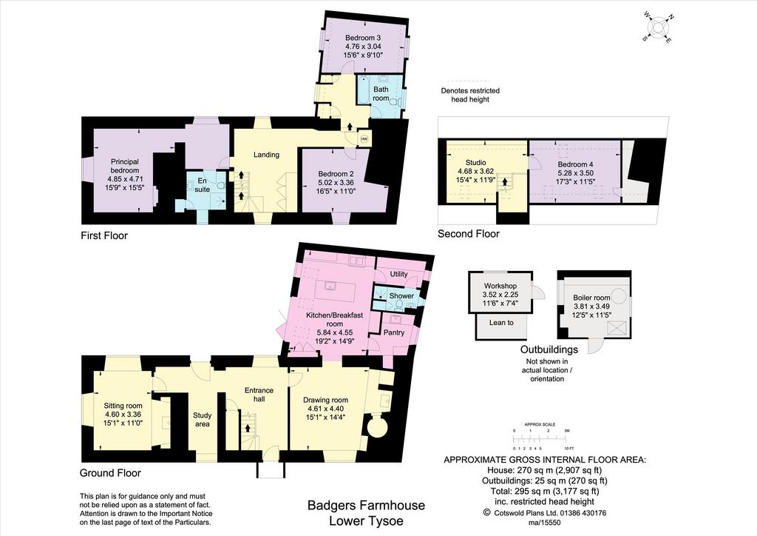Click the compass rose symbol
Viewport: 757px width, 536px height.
point(658,27)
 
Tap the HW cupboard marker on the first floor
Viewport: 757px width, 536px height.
point(364,139)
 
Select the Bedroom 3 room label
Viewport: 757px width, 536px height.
point(362,38)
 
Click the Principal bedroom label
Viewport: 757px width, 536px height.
point(124,166)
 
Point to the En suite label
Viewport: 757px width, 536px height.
point(203,185)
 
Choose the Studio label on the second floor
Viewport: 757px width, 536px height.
point(475,162)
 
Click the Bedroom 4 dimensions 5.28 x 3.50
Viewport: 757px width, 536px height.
point(575,173)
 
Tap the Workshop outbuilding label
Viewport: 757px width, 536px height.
point(500,286)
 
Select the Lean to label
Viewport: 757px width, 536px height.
point(501,322)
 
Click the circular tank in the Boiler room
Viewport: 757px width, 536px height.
point(619,295)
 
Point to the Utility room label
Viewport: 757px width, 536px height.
point(398,274)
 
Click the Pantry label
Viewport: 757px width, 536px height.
point(394,332)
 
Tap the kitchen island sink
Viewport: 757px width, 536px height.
point(330,286)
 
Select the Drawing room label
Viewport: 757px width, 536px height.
point(325,400)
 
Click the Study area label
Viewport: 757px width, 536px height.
point(203,420)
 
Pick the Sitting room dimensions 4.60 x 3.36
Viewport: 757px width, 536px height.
point(123,414)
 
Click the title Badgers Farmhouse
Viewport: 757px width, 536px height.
point(367,506)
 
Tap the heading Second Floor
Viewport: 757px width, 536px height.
point(468,234)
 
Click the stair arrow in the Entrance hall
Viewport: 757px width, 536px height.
point(248,428)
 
